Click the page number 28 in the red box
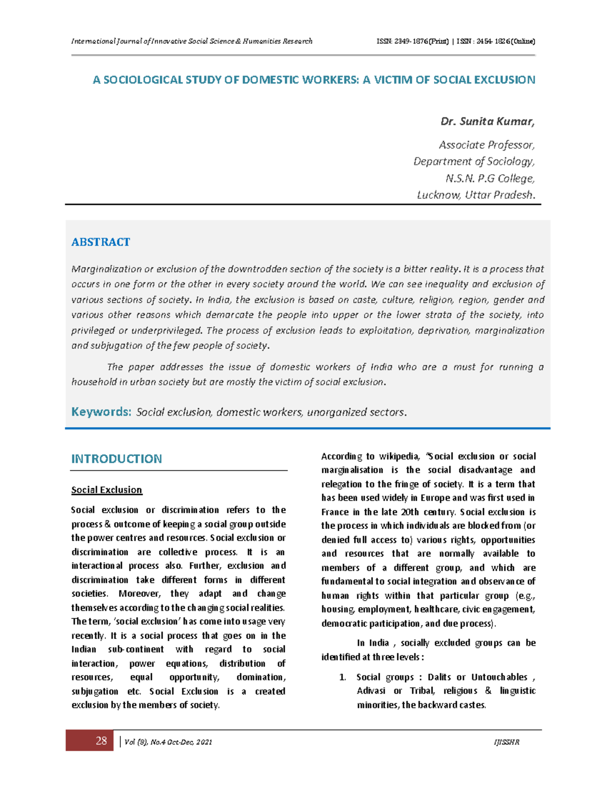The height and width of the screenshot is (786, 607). click(x=101, y=741)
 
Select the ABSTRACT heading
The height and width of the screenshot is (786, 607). click(x=101, y=242)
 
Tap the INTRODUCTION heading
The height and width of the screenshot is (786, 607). click(x=116, y=459)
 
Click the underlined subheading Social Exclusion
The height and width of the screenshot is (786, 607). click(x=107, y=490)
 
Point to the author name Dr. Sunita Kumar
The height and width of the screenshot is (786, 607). click(x=487, y=121)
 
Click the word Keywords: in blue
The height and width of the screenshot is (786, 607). click(x=101, y=412)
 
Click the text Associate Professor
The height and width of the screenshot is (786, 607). click(x=486, y=145)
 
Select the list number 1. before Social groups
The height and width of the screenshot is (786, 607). click(x=342, y=677)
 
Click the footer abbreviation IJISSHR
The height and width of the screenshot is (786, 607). click(x=506, y=742)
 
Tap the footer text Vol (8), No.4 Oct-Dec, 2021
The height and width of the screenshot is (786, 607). click(x=168, y=742)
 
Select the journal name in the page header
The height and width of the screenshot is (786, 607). click(x=192, y=42)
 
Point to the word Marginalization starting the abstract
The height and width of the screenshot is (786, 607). click(x=106, y=269)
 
